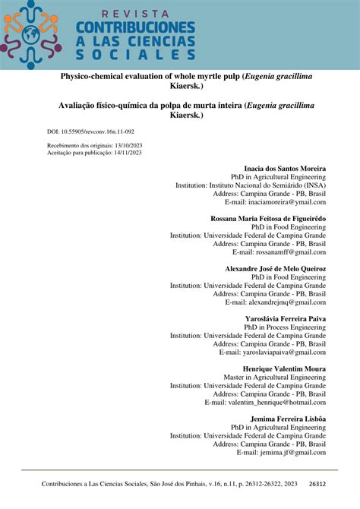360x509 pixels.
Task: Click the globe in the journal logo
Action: click(31, 34)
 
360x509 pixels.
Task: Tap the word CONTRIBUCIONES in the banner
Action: click(134, 28)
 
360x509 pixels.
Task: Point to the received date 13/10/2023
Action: click(122, 144)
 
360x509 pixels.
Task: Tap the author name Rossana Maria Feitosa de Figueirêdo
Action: click(267, 218)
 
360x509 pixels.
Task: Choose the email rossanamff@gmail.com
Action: click(279, 251)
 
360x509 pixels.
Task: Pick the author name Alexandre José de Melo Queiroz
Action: click(275, 269)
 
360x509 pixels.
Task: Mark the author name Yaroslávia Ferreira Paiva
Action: click(286, 319)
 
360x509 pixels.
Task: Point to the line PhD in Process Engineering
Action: click(285, 327)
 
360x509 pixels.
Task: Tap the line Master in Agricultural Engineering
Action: click(274, 377)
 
